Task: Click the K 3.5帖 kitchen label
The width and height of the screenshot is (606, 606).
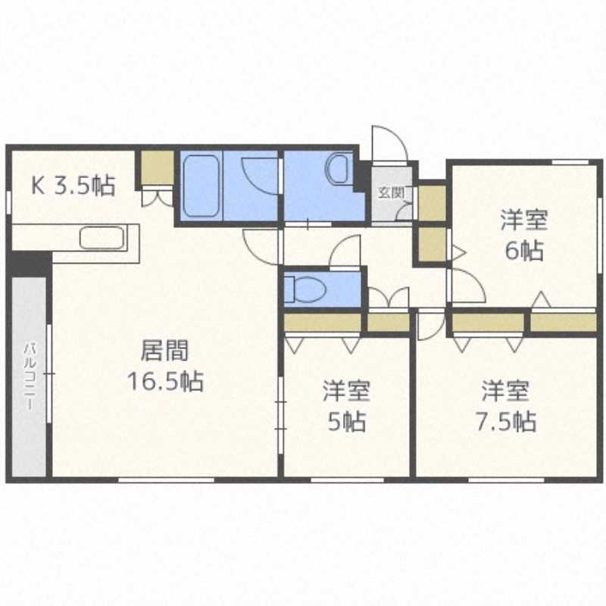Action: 73,186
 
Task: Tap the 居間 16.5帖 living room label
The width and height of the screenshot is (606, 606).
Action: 165,366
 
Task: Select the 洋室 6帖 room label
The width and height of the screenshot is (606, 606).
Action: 524,235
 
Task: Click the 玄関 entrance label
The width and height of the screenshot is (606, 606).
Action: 391,192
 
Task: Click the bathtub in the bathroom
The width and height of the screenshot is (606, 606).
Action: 201,186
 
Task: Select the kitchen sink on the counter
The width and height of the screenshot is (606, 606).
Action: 102,238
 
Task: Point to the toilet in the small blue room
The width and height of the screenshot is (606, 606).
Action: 305,289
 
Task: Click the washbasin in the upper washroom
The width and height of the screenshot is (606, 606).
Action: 339,169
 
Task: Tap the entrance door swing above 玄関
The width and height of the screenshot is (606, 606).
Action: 389,142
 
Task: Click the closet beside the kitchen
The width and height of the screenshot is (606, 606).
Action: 157,167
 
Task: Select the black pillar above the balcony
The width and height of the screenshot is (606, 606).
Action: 30,264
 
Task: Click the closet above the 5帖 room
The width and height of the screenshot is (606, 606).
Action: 323,323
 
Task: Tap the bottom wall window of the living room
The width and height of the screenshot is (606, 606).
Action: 166,480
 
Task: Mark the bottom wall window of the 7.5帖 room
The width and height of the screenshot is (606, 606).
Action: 506,480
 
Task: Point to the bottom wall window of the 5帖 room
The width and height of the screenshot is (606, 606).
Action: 348,480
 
